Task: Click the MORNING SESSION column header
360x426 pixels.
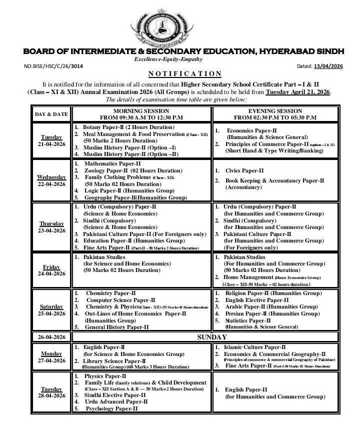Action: [x=141, y=114]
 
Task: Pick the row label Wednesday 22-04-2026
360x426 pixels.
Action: [x=51, y=181]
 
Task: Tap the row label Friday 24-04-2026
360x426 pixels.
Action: [x=51, y=270]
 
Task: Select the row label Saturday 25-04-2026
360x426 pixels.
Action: [x=51, y=309]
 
